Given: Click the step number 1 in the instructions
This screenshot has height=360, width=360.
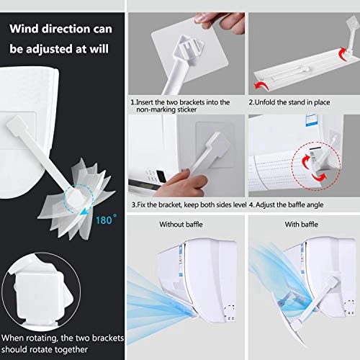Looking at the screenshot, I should point(132,102).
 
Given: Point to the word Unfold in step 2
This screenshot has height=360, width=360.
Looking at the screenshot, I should point(267,102).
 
